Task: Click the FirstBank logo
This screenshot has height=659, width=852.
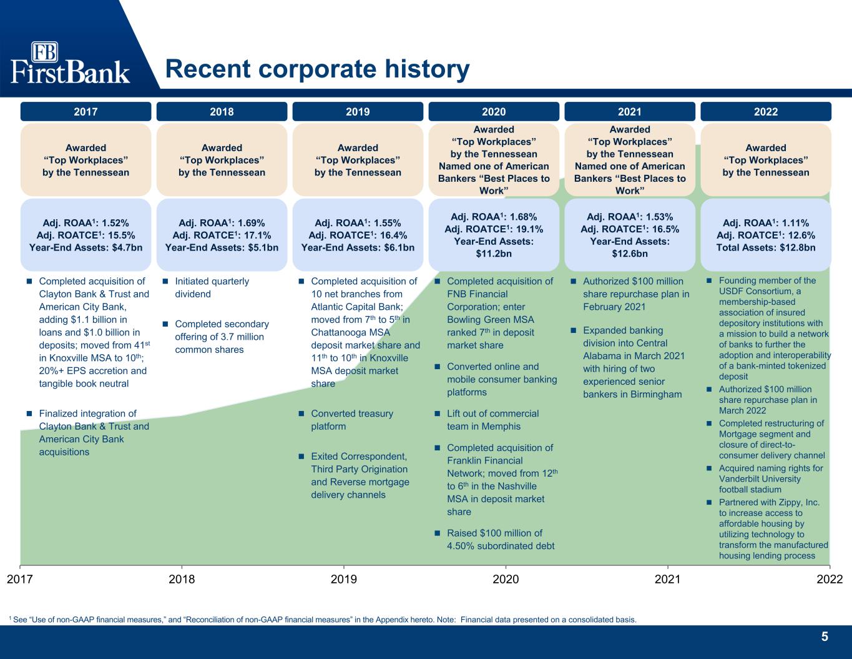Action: (70, 62)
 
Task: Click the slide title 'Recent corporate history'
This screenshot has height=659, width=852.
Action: (318, 69)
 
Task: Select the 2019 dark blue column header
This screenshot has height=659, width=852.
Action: (358, 112)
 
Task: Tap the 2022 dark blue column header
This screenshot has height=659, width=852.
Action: (766, 112)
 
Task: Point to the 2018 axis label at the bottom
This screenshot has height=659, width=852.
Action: (182, 579)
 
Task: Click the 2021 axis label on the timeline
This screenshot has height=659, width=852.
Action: (668, 579)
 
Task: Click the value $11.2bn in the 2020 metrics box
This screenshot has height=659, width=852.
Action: (494, 254)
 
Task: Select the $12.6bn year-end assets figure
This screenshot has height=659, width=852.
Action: (630, 254)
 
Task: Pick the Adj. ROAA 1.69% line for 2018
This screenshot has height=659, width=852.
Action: (222, 223)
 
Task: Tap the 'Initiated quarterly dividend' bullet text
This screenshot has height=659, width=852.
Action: (212, 287)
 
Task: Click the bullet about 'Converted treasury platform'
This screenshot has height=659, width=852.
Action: (351, 420)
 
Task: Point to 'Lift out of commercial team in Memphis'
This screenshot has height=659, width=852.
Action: (493, 420)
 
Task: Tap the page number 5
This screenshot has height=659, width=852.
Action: (825, 637)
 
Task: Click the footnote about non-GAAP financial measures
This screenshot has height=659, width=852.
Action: (323, 620)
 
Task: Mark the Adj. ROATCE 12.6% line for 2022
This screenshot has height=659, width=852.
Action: (766, 235)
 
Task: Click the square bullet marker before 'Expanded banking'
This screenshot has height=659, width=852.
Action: (573, 330)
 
